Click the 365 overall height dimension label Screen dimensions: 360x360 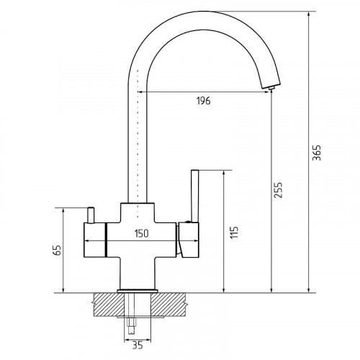point(317,153)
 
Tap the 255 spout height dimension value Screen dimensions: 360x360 point(279,190)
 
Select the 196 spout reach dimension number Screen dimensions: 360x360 point(204,101)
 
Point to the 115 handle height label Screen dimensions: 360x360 point(234,232)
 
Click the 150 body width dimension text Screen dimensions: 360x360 point(141,233)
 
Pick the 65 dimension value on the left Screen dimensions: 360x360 point(58,250)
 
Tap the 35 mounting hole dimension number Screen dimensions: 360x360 point(138,346)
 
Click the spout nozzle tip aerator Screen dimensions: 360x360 point(271,88)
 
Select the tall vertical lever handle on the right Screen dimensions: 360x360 point(195,196)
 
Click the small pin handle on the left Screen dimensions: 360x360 point(91,215)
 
